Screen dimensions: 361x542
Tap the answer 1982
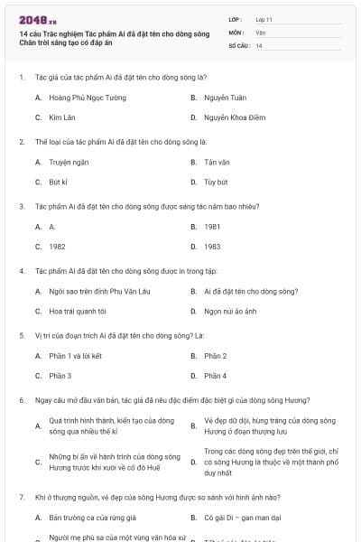[x=57, y=246]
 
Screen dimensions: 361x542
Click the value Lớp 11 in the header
[x=264, y=18]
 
